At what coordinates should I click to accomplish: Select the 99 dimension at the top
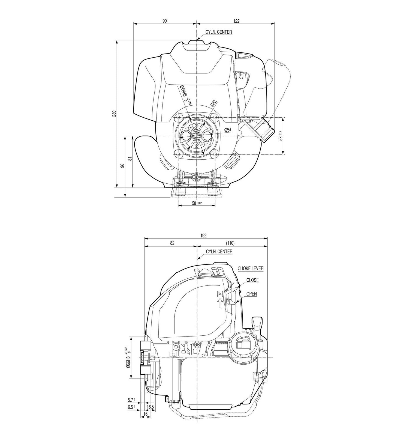164,21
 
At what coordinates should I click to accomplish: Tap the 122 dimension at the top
236,21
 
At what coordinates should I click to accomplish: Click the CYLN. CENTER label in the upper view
218,32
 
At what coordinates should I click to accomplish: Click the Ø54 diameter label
228,130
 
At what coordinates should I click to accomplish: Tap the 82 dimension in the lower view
172,243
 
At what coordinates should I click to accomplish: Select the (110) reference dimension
230,243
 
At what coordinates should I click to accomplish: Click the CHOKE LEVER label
251,268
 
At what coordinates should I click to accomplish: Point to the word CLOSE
252,280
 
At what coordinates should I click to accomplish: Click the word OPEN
251,294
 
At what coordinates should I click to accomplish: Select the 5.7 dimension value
130,400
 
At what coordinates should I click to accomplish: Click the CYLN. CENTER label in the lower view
219,251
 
